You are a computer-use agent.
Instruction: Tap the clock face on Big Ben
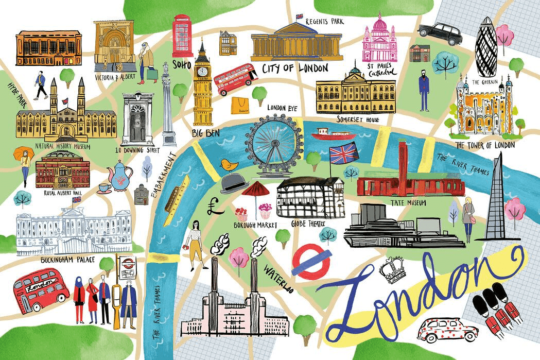tap(203, 71)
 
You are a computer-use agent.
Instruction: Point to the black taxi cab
tap(440, 33)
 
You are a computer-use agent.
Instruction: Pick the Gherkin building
tap(487, 46)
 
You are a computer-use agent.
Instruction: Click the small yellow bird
tap(228, 165)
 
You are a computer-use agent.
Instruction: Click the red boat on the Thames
tap(333, 135)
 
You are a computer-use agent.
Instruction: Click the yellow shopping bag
tap(240, 106)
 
